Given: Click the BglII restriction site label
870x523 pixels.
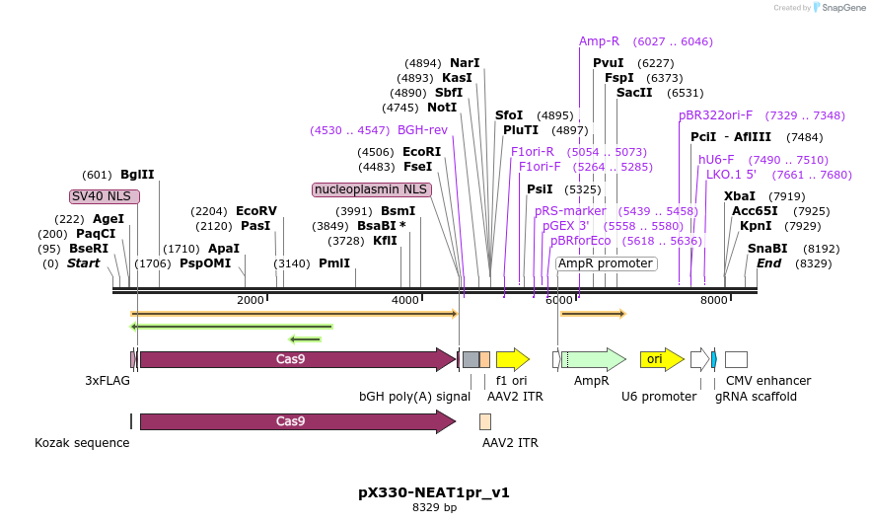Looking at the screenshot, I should coord(137,175).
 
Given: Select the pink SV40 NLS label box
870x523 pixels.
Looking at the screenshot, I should coord(105,196).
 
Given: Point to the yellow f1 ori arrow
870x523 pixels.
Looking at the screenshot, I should coord(512,359).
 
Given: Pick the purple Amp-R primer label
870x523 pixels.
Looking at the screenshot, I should coord(599,41).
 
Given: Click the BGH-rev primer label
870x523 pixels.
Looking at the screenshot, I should coord(422,130).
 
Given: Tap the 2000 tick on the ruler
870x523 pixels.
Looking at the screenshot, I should coord(251,300).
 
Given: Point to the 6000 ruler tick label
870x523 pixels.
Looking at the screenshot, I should coord(559,300).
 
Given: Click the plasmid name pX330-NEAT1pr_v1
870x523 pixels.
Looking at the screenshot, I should coord(434,491).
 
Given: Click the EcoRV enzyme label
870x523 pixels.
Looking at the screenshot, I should coord(256,211).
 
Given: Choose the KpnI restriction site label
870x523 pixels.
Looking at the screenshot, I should coord(756,226).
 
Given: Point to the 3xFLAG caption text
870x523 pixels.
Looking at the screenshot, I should coord(109,380).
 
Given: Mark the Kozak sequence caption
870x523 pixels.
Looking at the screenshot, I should coord(82,443).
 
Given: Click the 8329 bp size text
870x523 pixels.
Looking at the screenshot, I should coord(434,508).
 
